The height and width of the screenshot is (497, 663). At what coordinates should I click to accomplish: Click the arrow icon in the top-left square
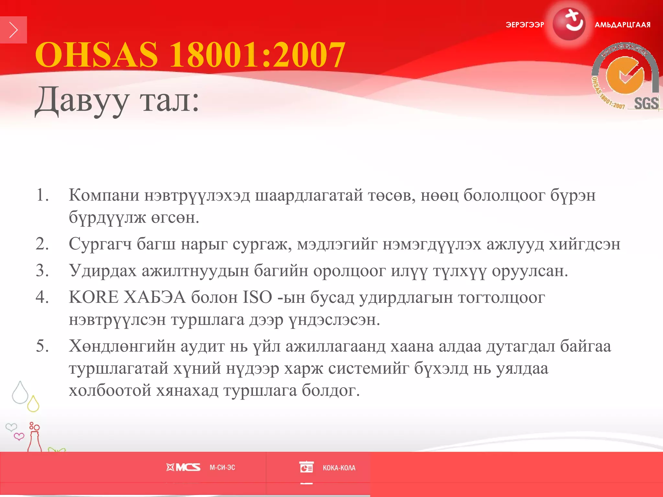click(13, 30)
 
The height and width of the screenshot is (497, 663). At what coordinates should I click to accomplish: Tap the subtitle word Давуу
click(82, 101)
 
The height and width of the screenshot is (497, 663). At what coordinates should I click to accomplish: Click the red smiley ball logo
click(569, 25)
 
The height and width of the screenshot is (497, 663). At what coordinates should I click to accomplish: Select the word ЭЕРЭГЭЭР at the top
click(525, 25)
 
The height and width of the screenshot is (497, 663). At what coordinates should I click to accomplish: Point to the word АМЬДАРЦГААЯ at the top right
click(623, 25)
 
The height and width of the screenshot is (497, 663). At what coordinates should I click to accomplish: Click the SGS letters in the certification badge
click(646, 104)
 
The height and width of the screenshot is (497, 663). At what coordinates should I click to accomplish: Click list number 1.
click(42, 195)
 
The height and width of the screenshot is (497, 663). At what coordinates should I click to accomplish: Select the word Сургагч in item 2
click(100, 244)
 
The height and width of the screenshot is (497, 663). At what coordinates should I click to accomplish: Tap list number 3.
click(42, 271)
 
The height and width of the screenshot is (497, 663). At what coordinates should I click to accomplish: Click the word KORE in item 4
click(94, 297)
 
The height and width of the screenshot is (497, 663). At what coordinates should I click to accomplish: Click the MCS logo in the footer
click(184, 467)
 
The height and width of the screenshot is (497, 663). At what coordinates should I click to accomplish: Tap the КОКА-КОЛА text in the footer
click(339, 468)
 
